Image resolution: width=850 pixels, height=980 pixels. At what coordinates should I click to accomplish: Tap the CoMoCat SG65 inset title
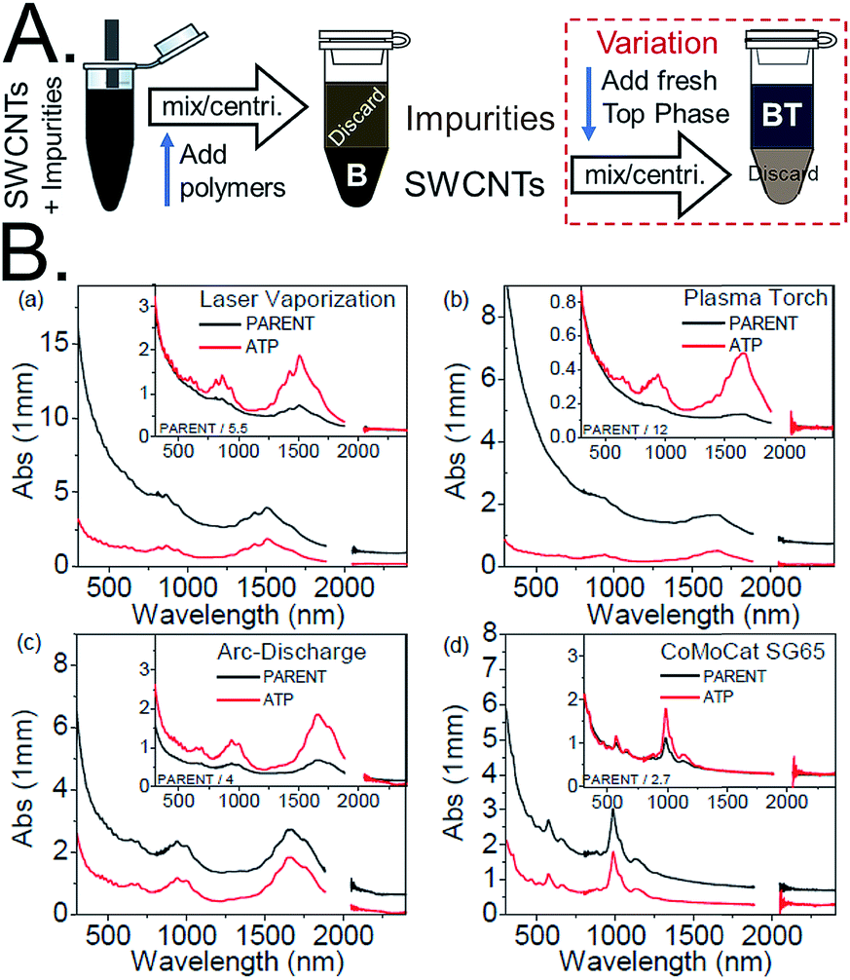click(763, 649)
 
